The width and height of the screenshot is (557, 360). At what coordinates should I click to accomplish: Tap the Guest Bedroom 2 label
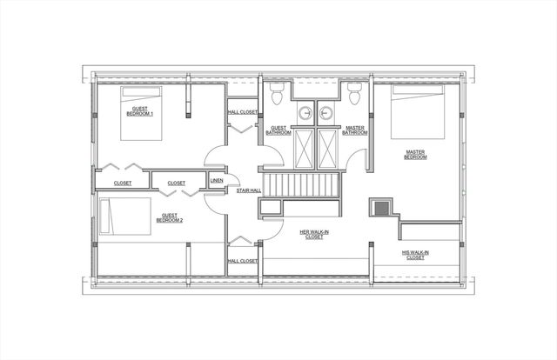(170, 218)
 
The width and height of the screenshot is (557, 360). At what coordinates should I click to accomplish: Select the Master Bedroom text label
(415, 155)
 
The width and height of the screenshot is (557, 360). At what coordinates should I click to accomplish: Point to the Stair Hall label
(249, 190)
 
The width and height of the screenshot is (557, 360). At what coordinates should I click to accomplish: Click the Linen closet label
(216, 181)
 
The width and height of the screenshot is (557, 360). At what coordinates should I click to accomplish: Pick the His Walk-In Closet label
(415, 255)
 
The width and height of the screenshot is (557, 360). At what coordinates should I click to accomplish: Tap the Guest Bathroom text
(279, 130)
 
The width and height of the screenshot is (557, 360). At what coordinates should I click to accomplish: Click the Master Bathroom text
(354, 130)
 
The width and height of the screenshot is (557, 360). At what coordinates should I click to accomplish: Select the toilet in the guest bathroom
(277, 92)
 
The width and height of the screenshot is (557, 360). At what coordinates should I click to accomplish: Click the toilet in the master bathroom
(354, 92)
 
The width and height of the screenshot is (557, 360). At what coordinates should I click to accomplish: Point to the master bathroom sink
(327, 113)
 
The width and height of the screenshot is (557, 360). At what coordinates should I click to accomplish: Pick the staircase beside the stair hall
(300, 185)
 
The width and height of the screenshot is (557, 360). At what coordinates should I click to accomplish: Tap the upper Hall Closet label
(243, 111)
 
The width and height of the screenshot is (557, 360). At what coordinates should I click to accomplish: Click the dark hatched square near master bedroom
(381, 207)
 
